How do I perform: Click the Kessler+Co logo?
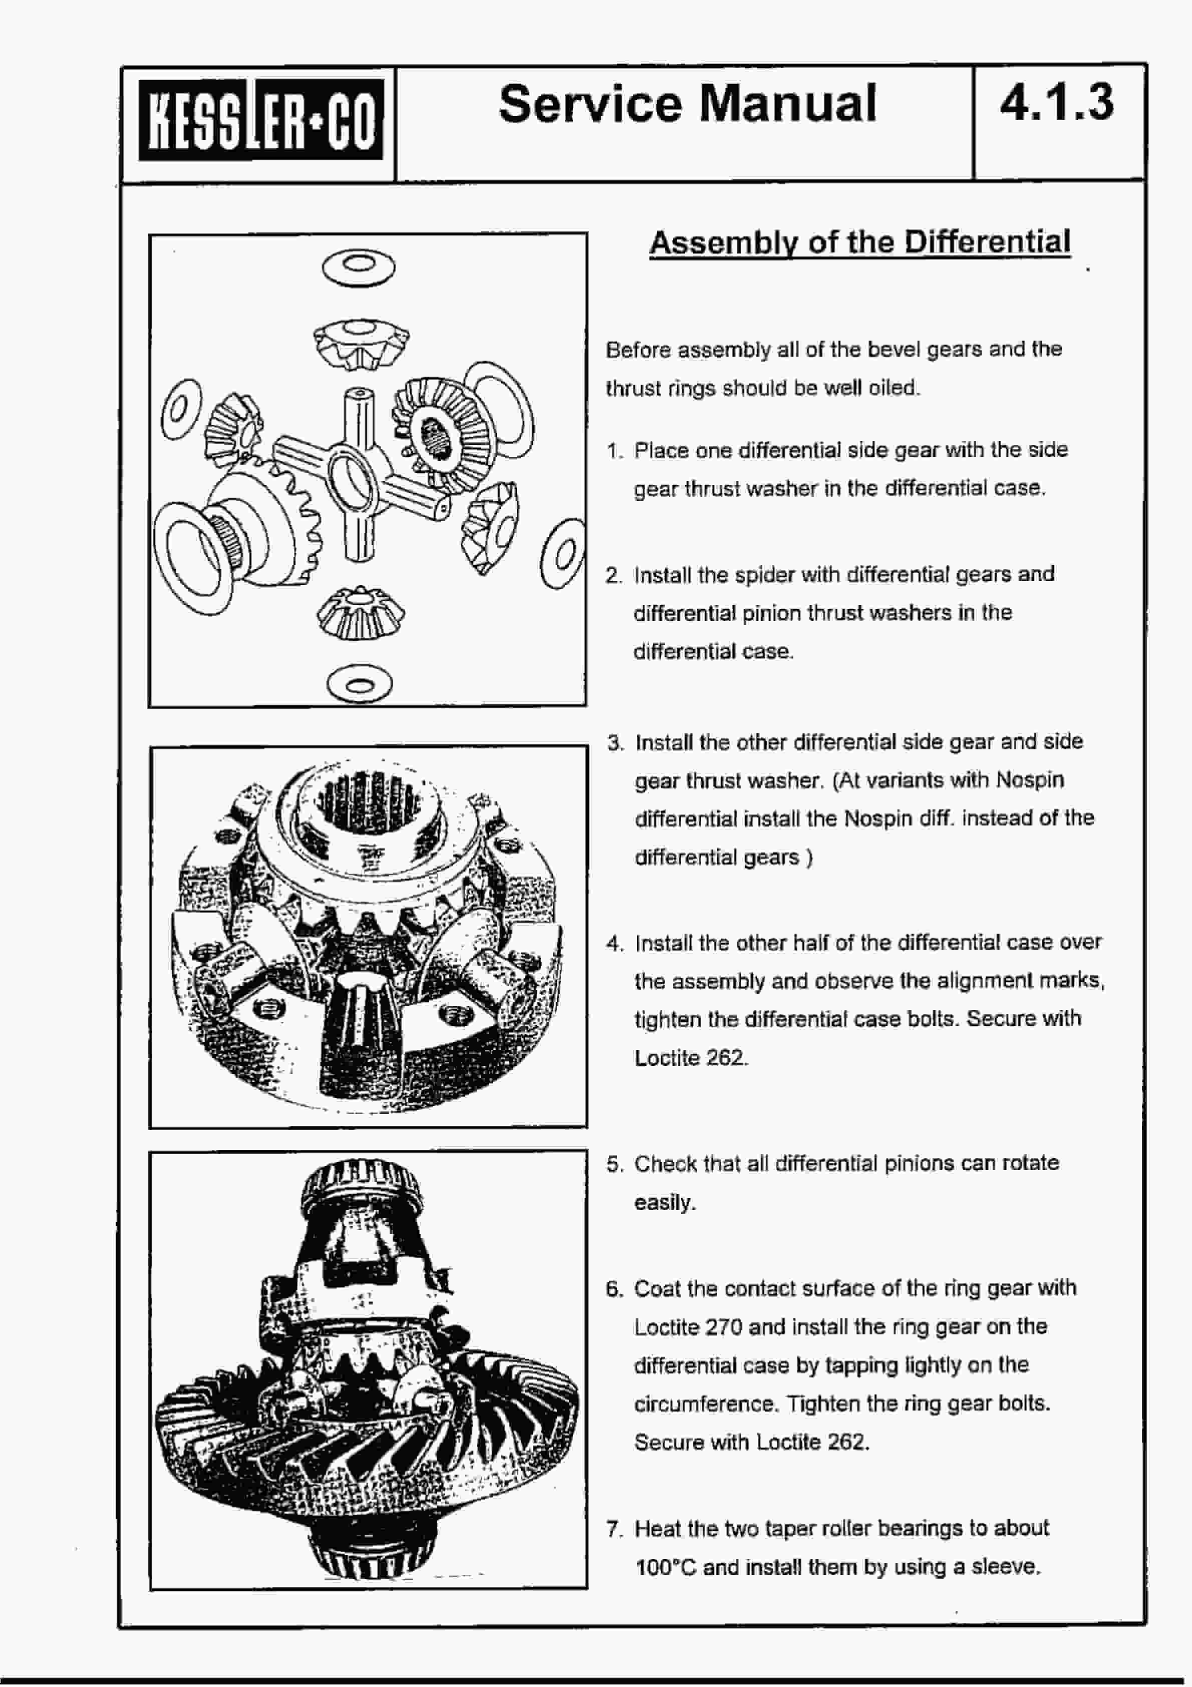click(261, 119)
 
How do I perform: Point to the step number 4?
click(615, 943)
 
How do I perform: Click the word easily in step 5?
click(664, 1203)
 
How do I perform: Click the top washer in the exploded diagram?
click(358, 267)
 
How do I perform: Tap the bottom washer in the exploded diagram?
click(360, 686)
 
